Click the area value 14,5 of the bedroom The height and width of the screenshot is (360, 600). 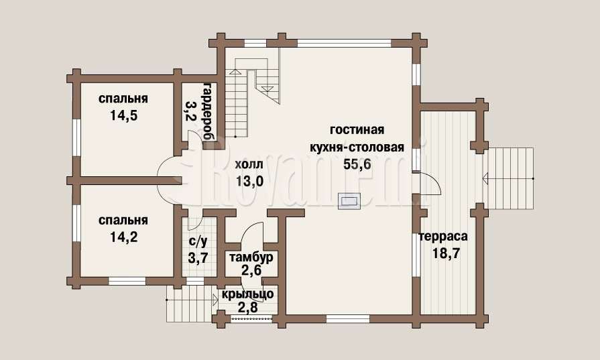tap(123, 115)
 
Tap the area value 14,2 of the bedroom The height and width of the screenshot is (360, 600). tap(123, 237)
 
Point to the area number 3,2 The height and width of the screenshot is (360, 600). tap(190, 111)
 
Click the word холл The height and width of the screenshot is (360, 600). tap(249, 165)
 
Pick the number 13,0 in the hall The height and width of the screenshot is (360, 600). tap(249, 181)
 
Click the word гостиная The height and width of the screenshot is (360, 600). tap(357, 129)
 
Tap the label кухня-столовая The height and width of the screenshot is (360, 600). tap(357, 147)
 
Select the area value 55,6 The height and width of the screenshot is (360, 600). tap(357, 164)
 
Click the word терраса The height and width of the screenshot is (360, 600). tap(444, 237)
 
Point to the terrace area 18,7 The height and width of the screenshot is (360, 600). tap(446, 253)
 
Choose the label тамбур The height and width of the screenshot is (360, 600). tap(251, 257)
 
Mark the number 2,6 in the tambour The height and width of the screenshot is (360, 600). tap(251, 270)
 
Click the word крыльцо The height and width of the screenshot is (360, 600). tap(248, 294)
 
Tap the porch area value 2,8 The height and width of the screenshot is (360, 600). tap(248, 307)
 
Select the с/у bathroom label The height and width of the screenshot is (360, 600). tap(198, 241)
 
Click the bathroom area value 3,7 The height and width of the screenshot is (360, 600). tap(198, 257)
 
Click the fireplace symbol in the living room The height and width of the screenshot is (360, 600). tap(348, 201)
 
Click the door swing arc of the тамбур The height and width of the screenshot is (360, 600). tap(249, 229)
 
